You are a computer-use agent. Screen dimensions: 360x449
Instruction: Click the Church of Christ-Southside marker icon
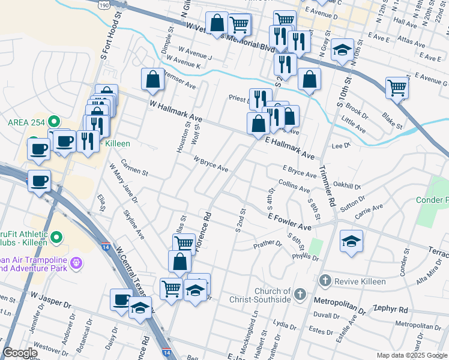(x=301, y=295)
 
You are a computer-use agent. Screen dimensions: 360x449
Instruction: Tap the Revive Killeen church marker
(x=325, y=281)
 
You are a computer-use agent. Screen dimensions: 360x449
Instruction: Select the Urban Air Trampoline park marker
(x=76, y=262)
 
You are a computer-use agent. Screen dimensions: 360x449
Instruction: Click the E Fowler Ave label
(x=289, y=222)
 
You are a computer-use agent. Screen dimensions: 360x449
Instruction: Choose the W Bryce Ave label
(x=210, y=164)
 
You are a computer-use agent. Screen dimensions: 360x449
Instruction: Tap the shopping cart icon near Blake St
(x=397, y=88)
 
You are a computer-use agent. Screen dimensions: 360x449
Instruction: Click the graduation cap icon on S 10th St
(x=342, y=50)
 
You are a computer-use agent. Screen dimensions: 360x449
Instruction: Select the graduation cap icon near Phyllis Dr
(x=351, y=241)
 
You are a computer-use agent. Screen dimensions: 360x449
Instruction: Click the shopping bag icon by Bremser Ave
(x=153, y=79)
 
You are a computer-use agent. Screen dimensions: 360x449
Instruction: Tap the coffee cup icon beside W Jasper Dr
(x=121, y=299)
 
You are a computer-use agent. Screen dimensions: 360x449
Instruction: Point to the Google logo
(x=20, y=353)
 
